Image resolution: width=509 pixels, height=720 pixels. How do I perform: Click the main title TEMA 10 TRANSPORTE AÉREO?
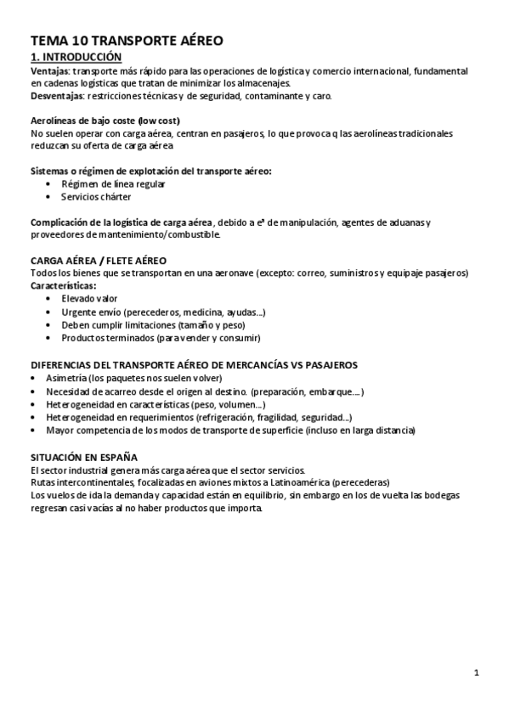(127, 40)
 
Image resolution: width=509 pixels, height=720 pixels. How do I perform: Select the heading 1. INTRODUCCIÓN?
(76, 57)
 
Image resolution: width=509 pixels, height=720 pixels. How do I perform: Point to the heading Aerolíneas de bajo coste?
(105, 121)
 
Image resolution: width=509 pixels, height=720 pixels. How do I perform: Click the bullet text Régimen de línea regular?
(113, 183)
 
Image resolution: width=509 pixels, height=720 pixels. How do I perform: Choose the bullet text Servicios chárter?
(96, 196)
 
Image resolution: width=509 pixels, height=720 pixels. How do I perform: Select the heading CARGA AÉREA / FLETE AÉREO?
(99, 259)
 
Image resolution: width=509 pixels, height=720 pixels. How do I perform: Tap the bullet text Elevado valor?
(89, 299)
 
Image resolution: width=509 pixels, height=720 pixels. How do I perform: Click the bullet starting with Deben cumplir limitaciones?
(141, 324)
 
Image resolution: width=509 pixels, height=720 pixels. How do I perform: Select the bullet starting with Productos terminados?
(161, 337)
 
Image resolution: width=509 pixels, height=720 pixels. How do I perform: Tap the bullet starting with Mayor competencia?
(230, 430)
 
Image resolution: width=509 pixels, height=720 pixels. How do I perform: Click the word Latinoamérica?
(291, 482)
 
